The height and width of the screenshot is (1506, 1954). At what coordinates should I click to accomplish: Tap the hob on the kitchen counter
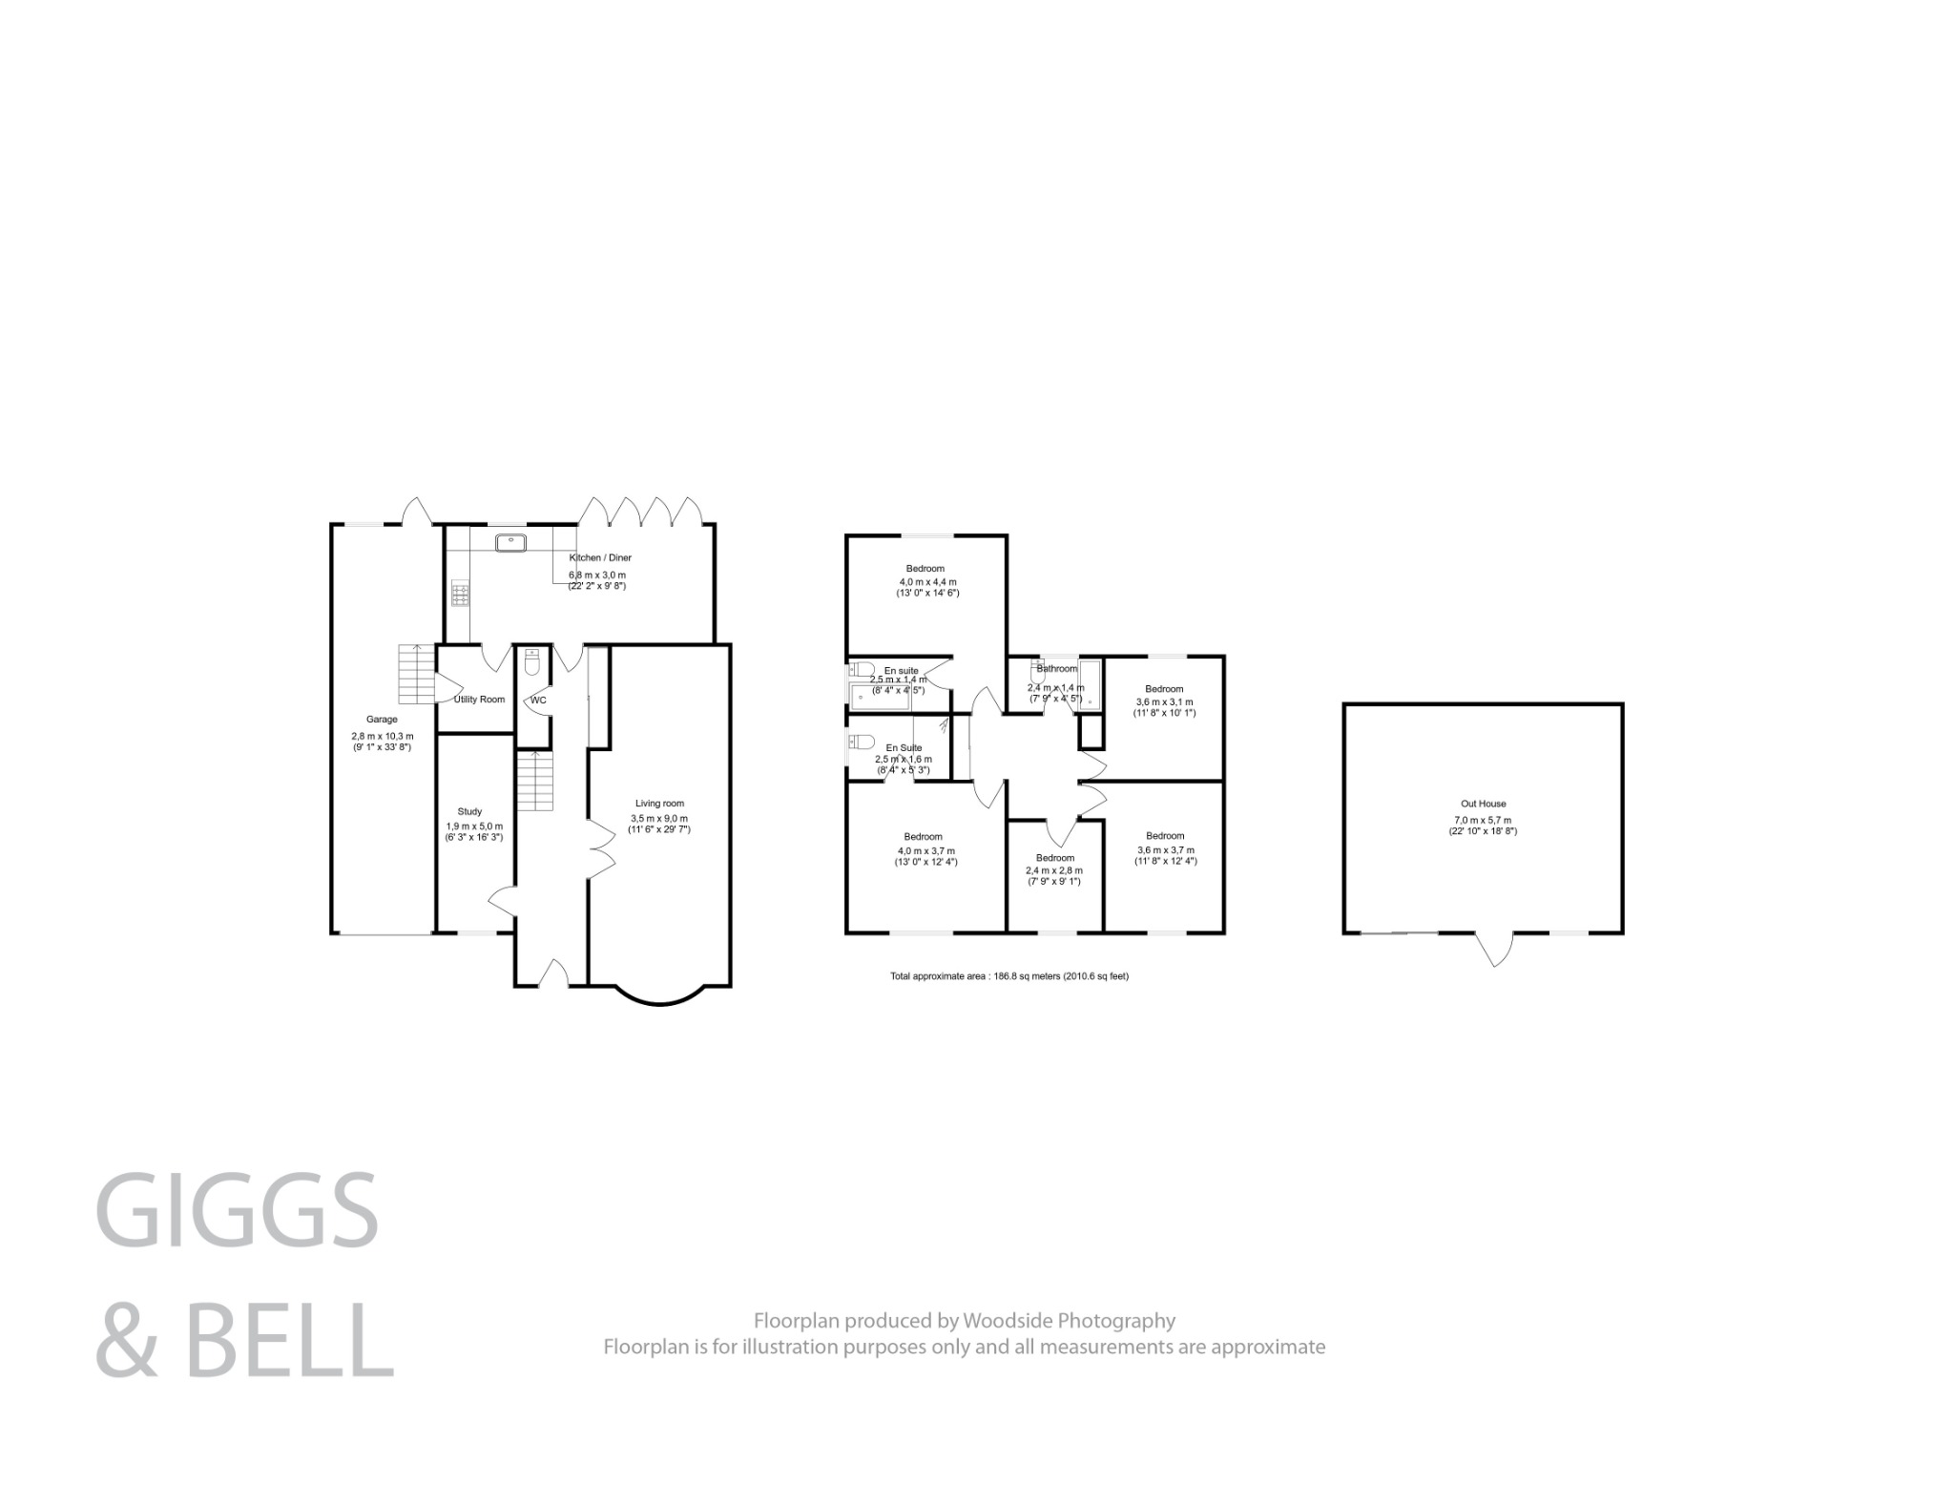coord(461,595)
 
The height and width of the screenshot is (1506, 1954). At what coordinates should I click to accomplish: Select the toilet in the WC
coord(532,661)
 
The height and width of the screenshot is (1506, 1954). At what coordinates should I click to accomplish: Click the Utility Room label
coord(479,700)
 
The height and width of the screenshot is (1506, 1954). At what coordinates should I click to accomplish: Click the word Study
coord(469,811)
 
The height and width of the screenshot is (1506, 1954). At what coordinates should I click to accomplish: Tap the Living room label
coord(659,804)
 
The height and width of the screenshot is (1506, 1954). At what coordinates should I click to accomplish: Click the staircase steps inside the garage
coord(416,674)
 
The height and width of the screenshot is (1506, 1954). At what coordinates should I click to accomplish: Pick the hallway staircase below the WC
coord(536,780)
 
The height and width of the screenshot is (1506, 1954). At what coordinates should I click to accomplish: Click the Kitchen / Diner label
coord(600,557)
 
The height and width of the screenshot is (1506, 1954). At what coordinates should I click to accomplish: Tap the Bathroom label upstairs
coord(1056,668)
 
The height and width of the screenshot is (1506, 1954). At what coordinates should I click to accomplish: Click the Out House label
coord(1483,804)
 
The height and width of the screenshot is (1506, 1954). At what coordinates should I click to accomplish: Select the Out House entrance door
coord(1494,949)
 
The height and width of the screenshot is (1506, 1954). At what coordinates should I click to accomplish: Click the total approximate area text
coord(1008,976)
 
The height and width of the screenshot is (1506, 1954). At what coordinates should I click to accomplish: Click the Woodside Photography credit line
coord(964,1321)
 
